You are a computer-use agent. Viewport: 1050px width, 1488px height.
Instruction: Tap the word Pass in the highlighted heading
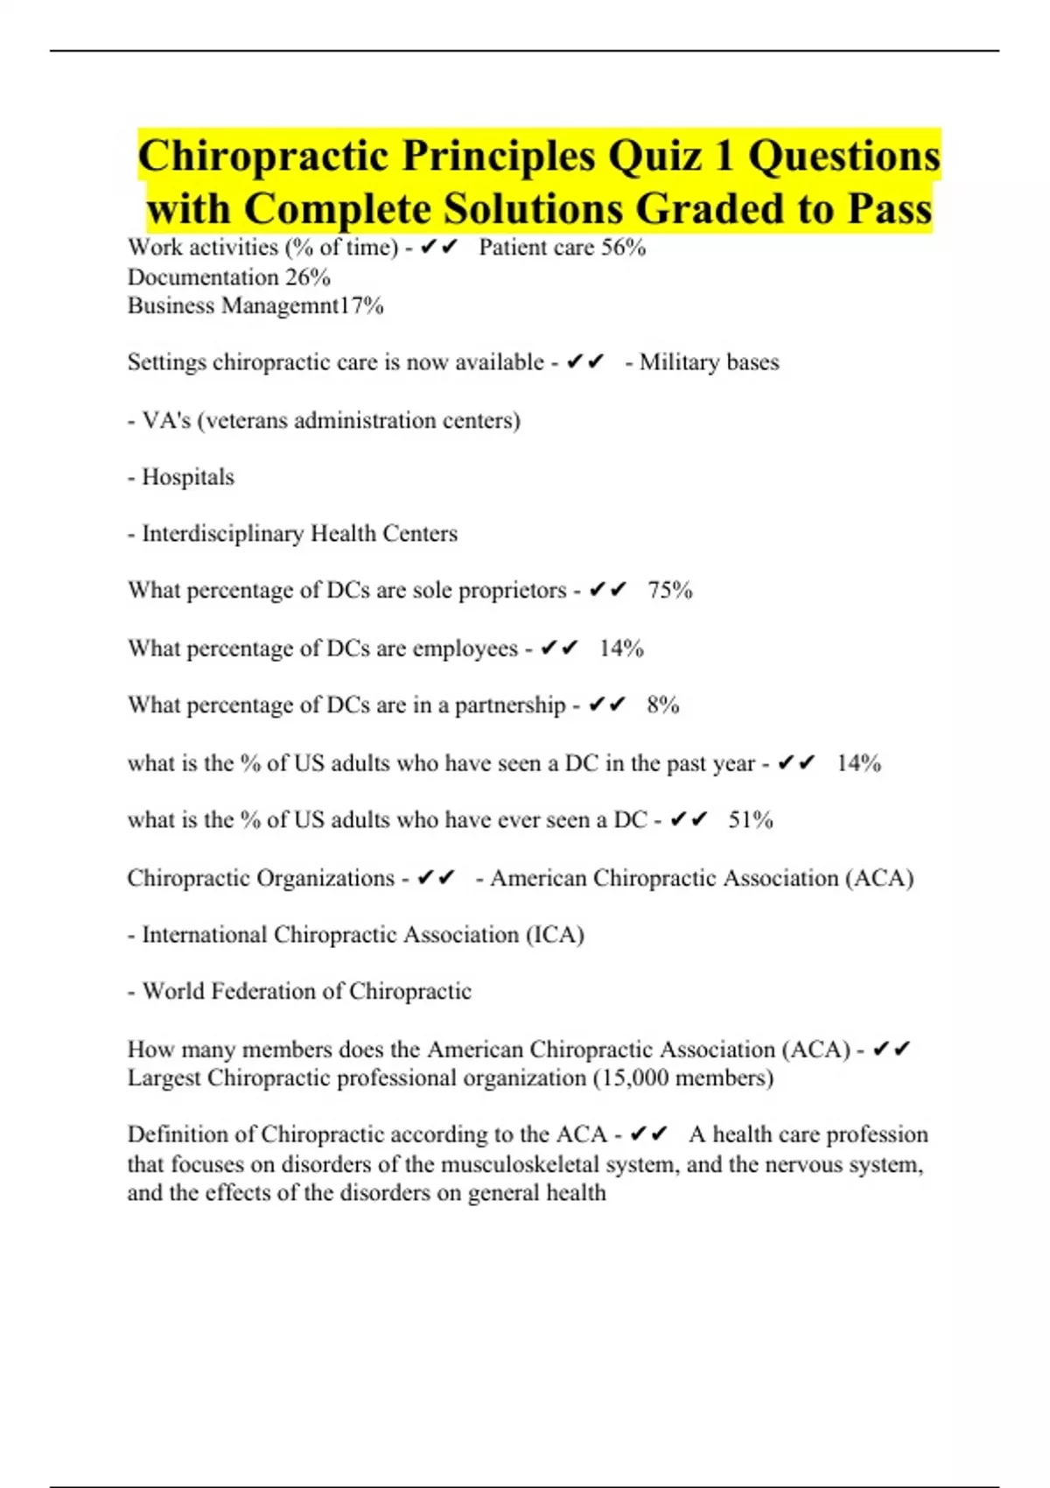coord(889,210)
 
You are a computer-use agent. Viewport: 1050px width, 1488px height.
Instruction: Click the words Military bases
coord(709,362)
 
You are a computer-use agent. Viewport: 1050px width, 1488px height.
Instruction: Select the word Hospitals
coord(188,477)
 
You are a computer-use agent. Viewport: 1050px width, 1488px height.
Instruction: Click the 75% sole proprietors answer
coord(670,591)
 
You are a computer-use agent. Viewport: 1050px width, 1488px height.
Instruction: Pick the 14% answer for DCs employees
coord(621,649)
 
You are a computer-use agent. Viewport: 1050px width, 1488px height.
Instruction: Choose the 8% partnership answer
coord(663,705)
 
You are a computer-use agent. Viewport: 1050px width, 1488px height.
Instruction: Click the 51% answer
coord(751,820)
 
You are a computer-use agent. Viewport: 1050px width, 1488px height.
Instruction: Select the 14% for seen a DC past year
coord(858,763)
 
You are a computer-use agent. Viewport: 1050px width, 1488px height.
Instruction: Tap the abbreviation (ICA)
coord(555,935)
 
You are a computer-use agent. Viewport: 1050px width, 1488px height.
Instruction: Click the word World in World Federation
coord(173,992)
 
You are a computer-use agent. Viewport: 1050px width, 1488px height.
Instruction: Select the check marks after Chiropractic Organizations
coord(436,878)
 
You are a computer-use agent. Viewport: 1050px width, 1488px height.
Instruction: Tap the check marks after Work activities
coord(438,248)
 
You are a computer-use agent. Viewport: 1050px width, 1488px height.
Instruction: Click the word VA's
coord(166,421)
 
